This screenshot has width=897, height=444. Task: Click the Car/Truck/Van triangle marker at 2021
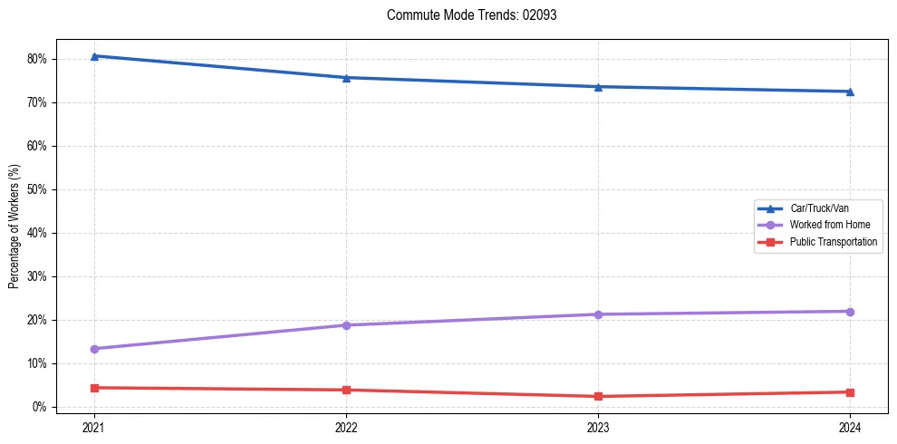click(94, 56)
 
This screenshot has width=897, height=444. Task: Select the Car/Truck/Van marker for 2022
click(346, 78)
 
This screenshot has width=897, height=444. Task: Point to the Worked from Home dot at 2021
click(94, 349)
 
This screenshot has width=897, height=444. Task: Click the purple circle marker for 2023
click(598, 314)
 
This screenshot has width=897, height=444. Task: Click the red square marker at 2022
click(346, 391)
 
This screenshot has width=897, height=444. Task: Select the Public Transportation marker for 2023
click(598, 397)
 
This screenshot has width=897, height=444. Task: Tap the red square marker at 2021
click(94, 388)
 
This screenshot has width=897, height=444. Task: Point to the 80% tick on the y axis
click(36, 60)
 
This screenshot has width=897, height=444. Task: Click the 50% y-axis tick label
click(36, 190)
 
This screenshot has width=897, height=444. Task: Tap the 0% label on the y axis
click(39, 408)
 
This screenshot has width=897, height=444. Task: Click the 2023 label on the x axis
click(598, 427)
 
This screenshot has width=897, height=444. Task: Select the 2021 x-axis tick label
click(94, 427)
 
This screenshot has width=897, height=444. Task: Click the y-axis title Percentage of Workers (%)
click(14, 227)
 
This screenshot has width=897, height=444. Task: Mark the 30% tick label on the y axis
click(36, 277)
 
